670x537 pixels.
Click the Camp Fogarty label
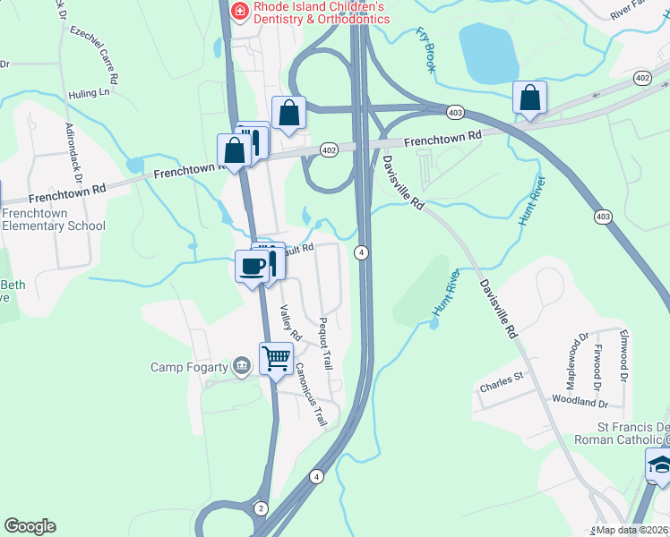pyautogui.click(x=190, y=367)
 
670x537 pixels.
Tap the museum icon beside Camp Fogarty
pyautogui.click(x=241, y=366)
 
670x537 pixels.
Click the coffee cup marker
pyautogui.click(x=252, y=266)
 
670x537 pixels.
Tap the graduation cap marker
pyautogui.click(x=659, y=465)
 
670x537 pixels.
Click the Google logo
pyautogui.click(x=30, y=526)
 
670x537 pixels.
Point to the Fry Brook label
pyautogui.click(x=425, y=48)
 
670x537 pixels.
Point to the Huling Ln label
pyautogui.click(x=89, y=92)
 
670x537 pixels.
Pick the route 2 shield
pyautogui.click(x=261, y=507)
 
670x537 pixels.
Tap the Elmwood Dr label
pyautogui.click(x=623, y=354)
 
